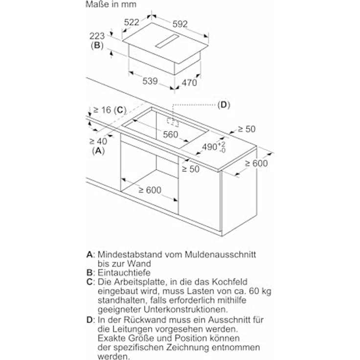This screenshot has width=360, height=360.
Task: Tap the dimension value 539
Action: click(x=149, y=81)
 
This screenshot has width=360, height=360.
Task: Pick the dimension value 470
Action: click(x=189, y=83)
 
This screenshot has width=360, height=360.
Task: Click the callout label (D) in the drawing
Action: click(x=224, y=105)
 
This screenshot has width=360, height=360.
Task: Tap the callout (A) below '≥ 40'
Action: click(x=98, y=151)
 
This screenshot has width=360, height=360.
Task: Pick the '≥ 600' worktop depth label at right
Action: click(x=257, y=163)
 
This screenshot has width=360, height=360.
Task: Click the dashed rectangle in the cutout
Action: click(x=172, y=121)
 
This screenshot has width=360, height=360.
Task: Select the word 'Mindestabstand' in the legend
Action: click(x=128, y=255)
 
